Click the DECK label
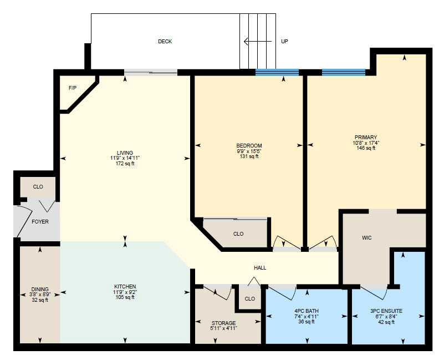pos(165,42)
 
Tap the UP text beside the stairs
pos(284,42)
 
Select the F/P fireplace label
pos(72,88)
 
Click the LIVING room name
pos(125,153)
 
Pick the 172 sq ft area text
pos(125,164)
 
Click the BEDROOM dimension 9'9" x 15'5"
pos(248,151)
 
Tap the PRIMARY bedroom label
pos(366,137)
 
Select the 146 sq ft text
pos(366,148)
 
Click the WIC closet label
pos(366,238)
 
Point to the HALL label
pos(260,268)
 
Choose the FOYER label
pos(40,222)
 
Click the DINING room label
pos(40,289)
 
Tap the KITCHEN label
pos(125,287)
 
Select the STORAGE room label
pos(223,323)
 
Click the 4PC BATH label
pos(307,311)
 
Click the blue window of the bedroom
pos(277,72)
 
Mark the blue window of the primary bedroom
pos(344,72)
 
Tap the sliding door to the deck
pos(151,72)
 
